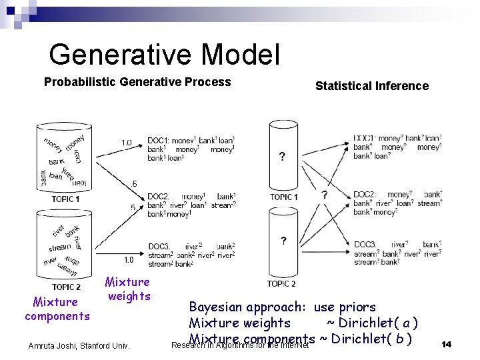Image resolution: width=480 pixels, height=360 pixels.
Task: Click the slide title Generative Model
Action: (164, 54)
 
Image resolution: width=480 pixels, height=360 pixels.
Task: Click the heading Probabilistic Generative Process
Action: (137, 82)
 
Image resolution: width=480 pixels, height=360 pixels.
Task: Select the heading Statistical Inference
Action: (371, 86)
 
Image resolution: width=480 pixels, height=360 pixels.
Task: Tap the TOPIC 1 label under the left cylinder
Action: (65, 199)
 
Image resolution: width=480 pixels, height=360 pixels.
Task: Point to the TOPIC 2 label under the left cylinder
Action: (66, 287)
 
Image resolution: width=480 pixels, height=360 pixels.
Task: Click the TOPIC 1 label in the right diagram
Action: (283, 197)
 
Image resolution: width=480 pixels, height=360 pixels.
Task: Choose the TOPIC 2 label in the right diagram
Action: (281, 284)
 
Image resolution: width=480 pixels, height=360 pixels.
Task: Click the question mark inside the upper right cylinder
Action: (283, 157)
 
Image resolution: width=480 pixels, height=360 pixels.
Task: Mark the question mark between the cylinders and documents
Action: (325, 195)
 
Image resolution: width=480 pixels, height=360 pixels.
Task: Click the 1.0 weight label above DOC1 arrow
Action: (126, 143)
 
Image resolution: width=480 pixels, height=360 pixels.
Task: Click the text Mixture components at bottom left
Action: (57, 309)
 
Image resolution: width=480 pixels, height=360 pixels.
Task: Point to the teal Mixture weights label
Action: (128, 289)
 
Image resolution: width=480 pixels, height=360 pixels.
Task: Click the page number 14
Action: (446, 344)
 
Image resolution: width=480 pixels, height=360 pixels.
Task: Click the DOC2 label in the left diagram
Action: (158, 197)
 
